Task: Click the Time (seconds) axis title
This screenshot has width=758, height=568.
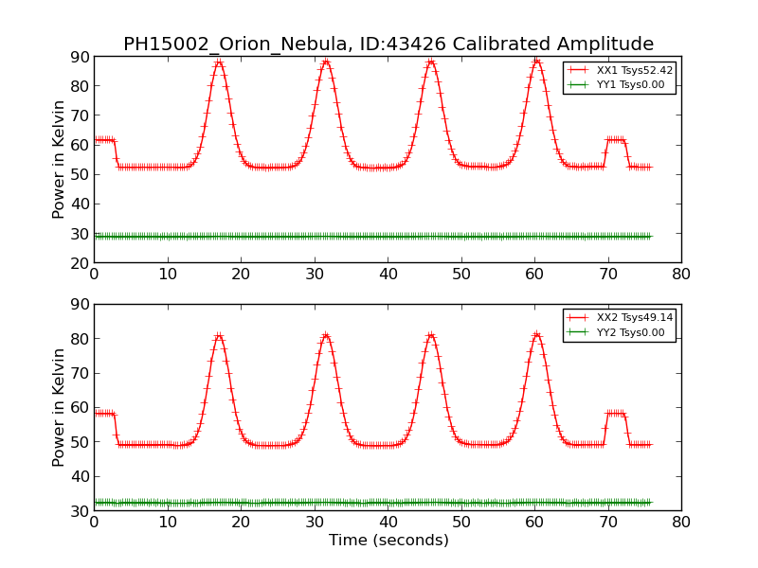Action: (388, 541)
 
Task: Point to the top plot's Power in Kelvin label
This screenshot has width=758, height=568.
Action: (60, 159)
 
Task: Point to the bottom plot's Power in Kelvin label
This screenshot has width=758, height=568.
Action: (60, 407)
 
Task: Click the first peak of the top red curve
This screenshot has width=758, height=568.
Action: (219, 62)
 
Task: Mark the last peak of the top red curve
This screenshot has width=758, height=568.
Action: (536, 62)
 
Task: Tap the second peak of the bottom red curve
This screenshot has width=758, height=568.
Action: (325, 335)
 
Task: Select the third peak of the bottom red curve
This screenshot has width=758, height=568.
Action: (431, 335)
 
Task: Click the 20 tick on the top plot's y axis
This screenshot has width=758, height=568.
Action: (81, 262)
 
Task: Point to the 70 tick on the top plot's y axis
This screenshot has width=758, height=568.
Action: (81, 115)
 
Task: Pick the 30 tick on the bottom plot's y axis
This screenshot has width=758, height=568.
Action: (81, 511)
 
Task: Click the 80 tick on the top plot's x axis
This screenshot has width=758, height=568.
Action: (681, 274)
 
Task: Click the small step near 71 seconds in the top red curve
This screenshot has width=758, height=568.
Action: (616, 139)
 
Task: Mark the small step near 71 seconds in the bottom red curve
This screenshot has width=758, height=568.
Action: (616, 413)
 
